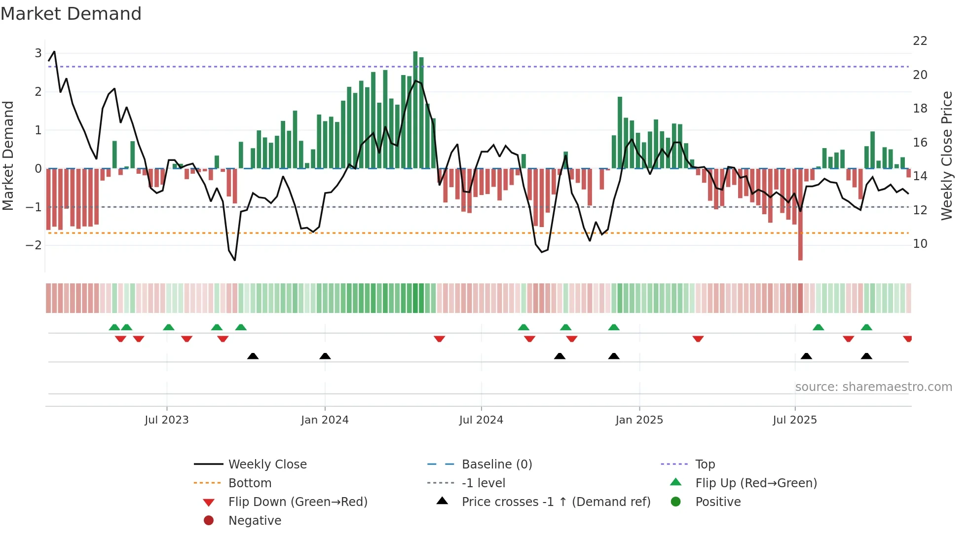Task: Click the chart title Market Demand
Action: [71, 14]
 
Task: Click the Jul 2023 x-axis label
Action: [167, 420]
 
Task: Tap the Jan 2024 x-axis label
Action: [325, 420]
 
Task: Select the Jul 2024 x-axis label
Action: [481, 420]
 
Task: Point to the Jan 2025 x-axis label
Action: [639, 420]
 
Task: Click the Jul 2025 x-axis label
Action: [795, 420]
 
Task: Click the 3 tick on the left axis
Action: [38, 53]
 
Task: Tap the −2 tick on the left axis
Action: [34, 245]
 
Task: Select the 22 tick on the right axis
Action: [920, 41]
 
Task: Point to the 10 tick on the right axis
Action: [920, 244]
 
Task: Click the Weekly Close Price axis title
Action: [947, 155]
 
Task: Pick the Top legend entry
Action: [705, 465]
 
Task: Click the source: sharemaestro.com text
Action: [873, 387]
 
